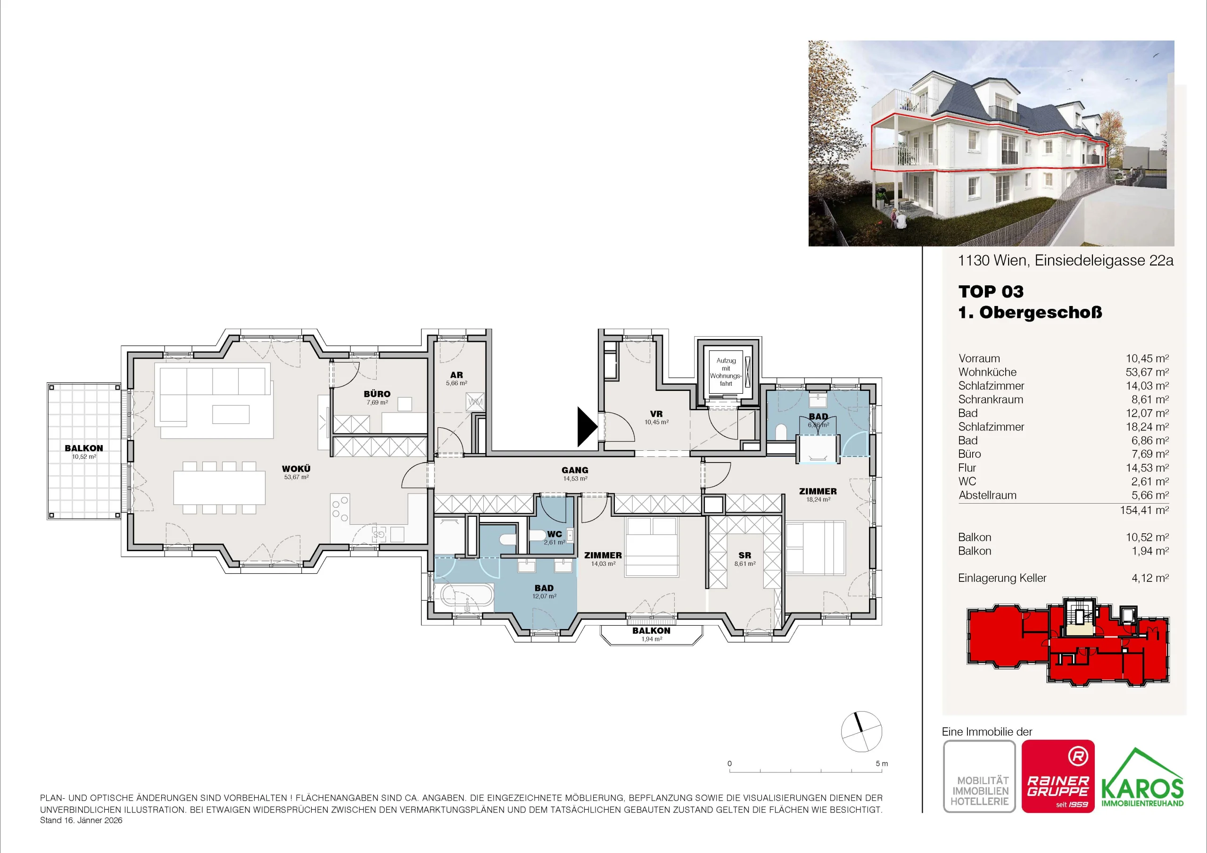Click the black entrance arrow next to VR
(x=587, y=426)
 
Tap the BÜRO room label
(x=377, y=394)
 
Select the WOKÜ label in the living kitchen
(x=296, y=469)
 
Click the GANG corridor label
(x=575, y=470)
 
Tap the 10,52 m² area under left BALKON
(x=84, y=456)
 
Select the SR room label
(x=744, y=555)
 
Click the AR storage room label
(x=456, y=375)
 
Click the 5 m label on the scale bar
(x=882, y=763)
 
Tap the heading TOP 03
(x=991, y=291)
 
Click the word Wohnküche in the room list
(x=987, y=372)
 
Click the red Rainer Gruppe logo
(x=1058, y=776)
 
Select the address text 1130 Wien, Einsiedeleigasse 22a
(x=1066, y=260)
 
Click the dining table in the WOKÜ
(x=220, y=488)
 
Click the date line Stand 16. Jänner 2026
(x=81, y=820)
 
